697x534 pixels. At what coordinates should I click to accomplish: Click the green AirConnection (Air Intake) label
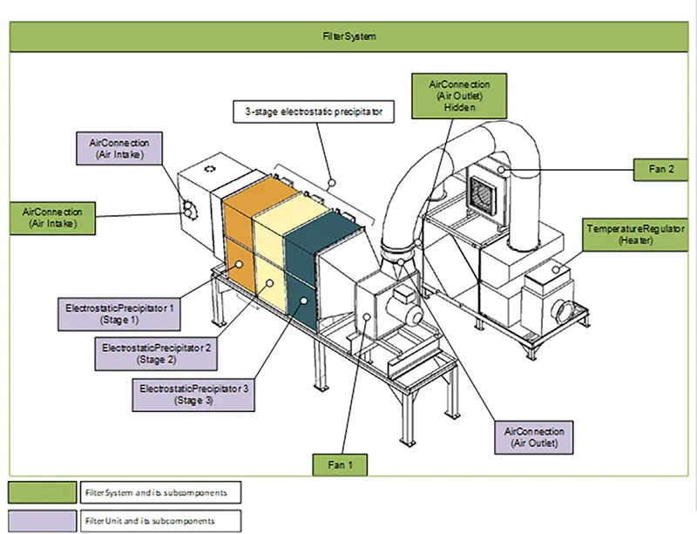[x=52, y=217]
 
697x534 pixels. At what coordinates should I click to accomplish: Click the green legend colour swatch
[x=43, y=492]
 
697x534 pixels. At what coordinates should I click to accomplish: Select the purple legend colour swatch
[x=43, y=521]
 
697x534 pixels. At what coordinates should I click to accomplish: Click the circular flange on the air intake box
[x=188, y=207]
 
